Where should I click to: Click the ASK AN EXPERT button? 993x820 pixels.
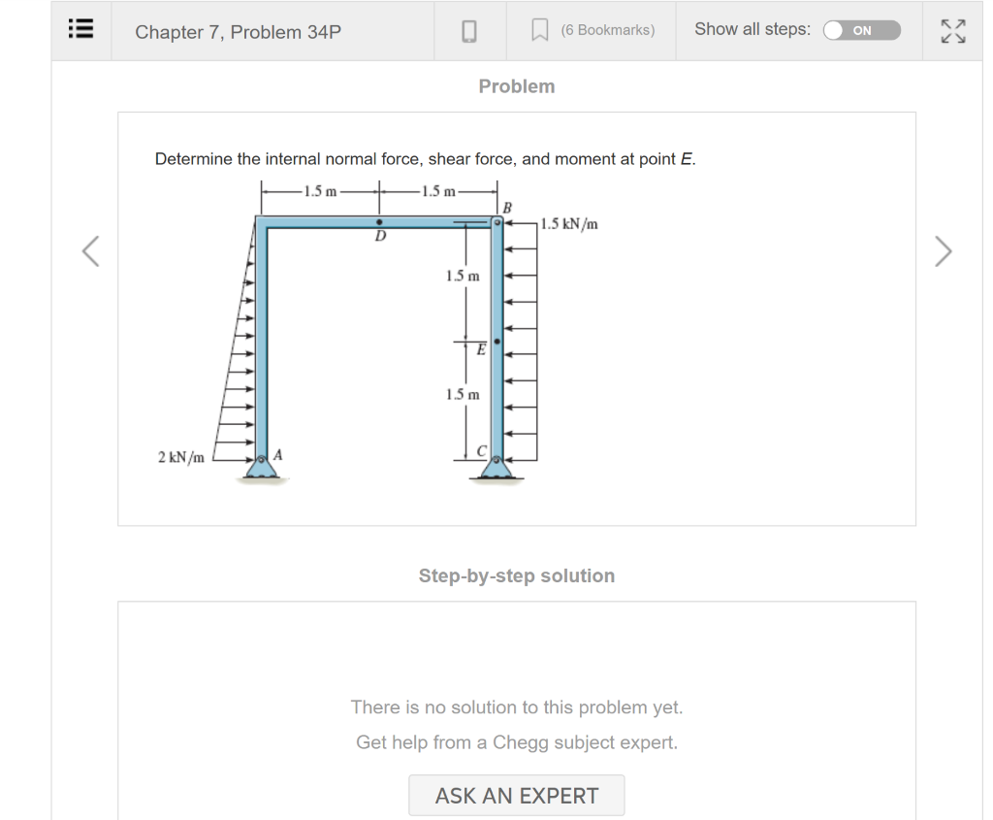click(516, 796)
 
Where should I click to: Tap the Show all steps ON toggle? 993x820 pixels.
click(861, 30)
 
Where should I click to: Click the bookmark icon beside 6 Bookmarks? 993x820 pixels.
click(540, 31)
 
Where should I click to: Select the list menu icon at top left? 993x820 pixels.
click(80, 29)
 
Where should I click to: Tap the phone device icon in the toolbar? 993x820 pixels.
click(468, 31)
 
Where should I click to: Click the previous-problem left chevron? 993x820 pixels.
click(90, 251)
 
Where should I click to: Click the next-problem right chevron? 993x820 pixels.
click(943, 251)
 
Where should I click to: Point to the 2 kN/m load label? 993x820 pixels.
click(181, 457)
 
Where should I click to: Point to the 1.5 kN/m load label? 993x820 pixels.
click(569, 224)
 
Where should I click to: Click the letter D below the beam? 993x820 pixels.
click(380, 236)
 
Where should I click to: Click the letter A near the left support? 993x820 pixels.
click(278, 453)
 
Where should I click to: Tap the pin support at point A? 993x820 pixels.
click(260, 469)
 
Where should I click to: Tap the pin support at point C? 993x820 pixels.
click(497, 470)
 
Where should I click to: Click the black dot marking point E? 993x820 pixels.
click(497, 343)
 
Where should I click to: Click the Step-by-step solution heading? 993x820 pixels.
click(516, 575)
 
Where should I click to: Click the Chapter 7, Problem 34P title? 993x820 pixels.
click(238, 32)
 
